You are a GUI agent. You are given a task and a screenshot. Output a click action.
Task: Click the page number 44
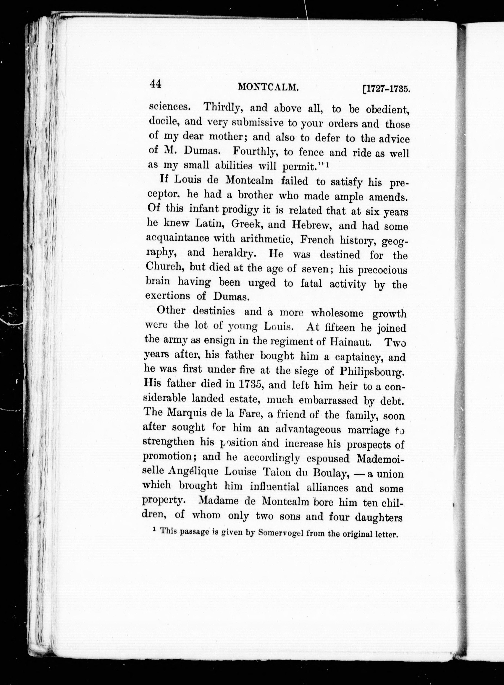155,84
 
